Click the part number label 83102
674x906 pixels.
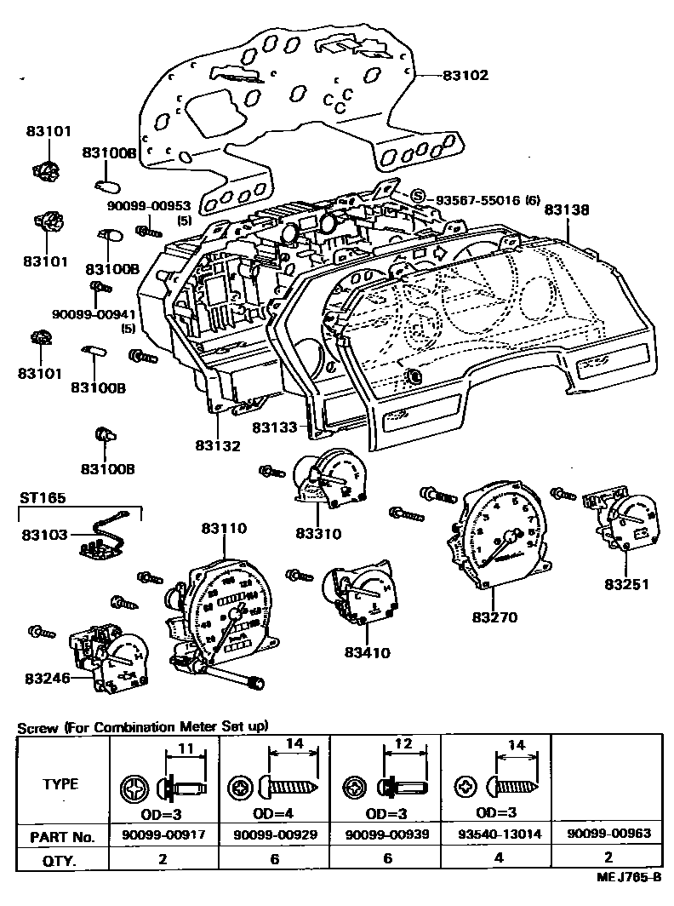coord(466,76)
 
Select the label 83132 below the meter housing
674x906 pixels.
coord(218,444)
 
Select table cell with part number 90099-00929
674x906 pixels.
coord(275,834)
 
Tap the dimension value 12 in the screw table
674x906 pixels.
coord(403,744)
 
